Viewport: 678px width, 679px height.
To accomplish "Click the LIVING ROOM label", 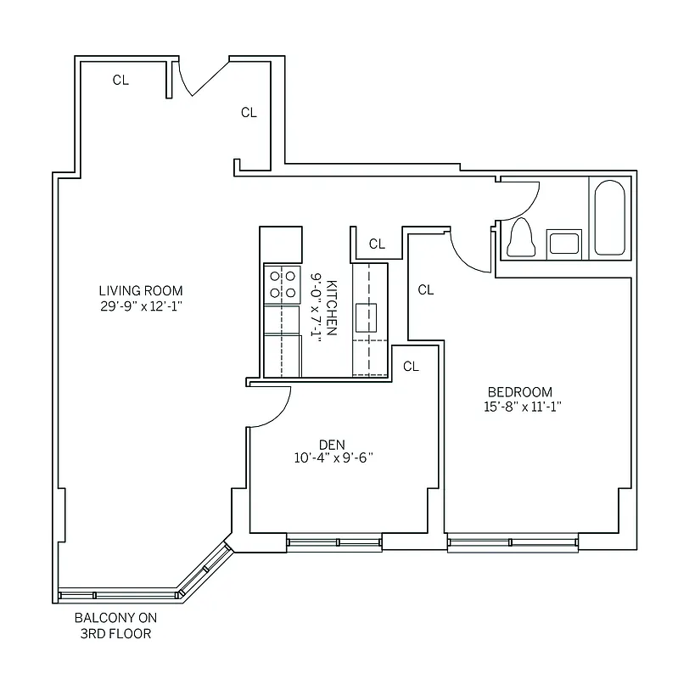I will (140, 290).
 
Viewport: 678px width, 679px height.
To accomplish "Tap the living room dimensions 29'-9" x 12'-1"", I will (140, 306).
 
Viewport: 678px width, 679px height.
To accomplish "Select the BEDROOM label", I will (519, 391).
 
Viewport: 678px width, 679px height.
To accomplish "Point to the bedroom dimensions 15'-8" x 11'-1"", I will (519, 407).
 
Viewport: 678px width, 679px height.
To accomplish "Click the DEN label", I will (331, 444).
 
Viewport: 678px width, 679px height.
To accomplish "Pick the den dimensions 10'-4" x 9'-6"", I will (331, 458).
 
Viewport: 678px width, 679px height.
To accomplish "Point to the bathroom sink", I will (563, 244).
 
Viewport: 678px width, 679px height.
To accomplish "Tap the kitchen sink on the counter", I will (367, 317).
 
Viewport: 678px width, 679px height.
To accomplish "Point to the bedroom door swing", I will (469, 251).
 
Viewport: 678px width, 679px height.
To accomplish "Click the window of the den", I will (333, 541).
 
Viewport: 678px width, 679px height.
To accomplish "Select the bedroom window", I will (513, 542).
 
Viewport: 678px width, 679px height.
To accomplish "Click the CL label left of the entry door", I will (121, 81).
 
